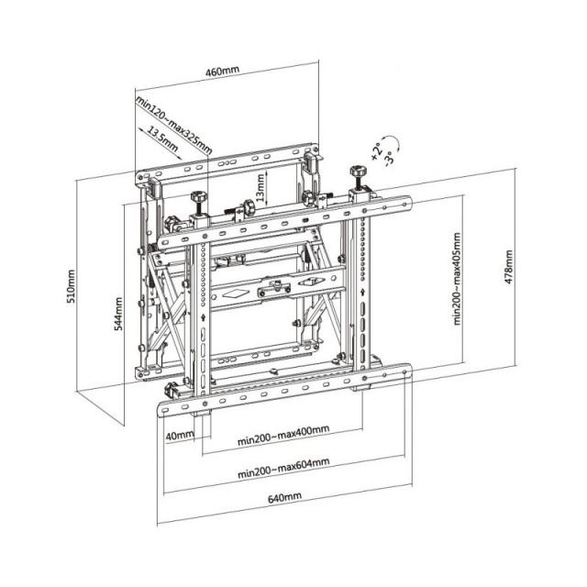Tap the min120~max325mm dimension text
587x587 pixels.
[x=173, y=123]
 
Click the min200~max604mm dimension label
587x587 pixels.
[x=282, y=473]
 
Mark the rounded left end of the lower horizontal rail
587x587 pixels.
[x=167, y=395]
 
